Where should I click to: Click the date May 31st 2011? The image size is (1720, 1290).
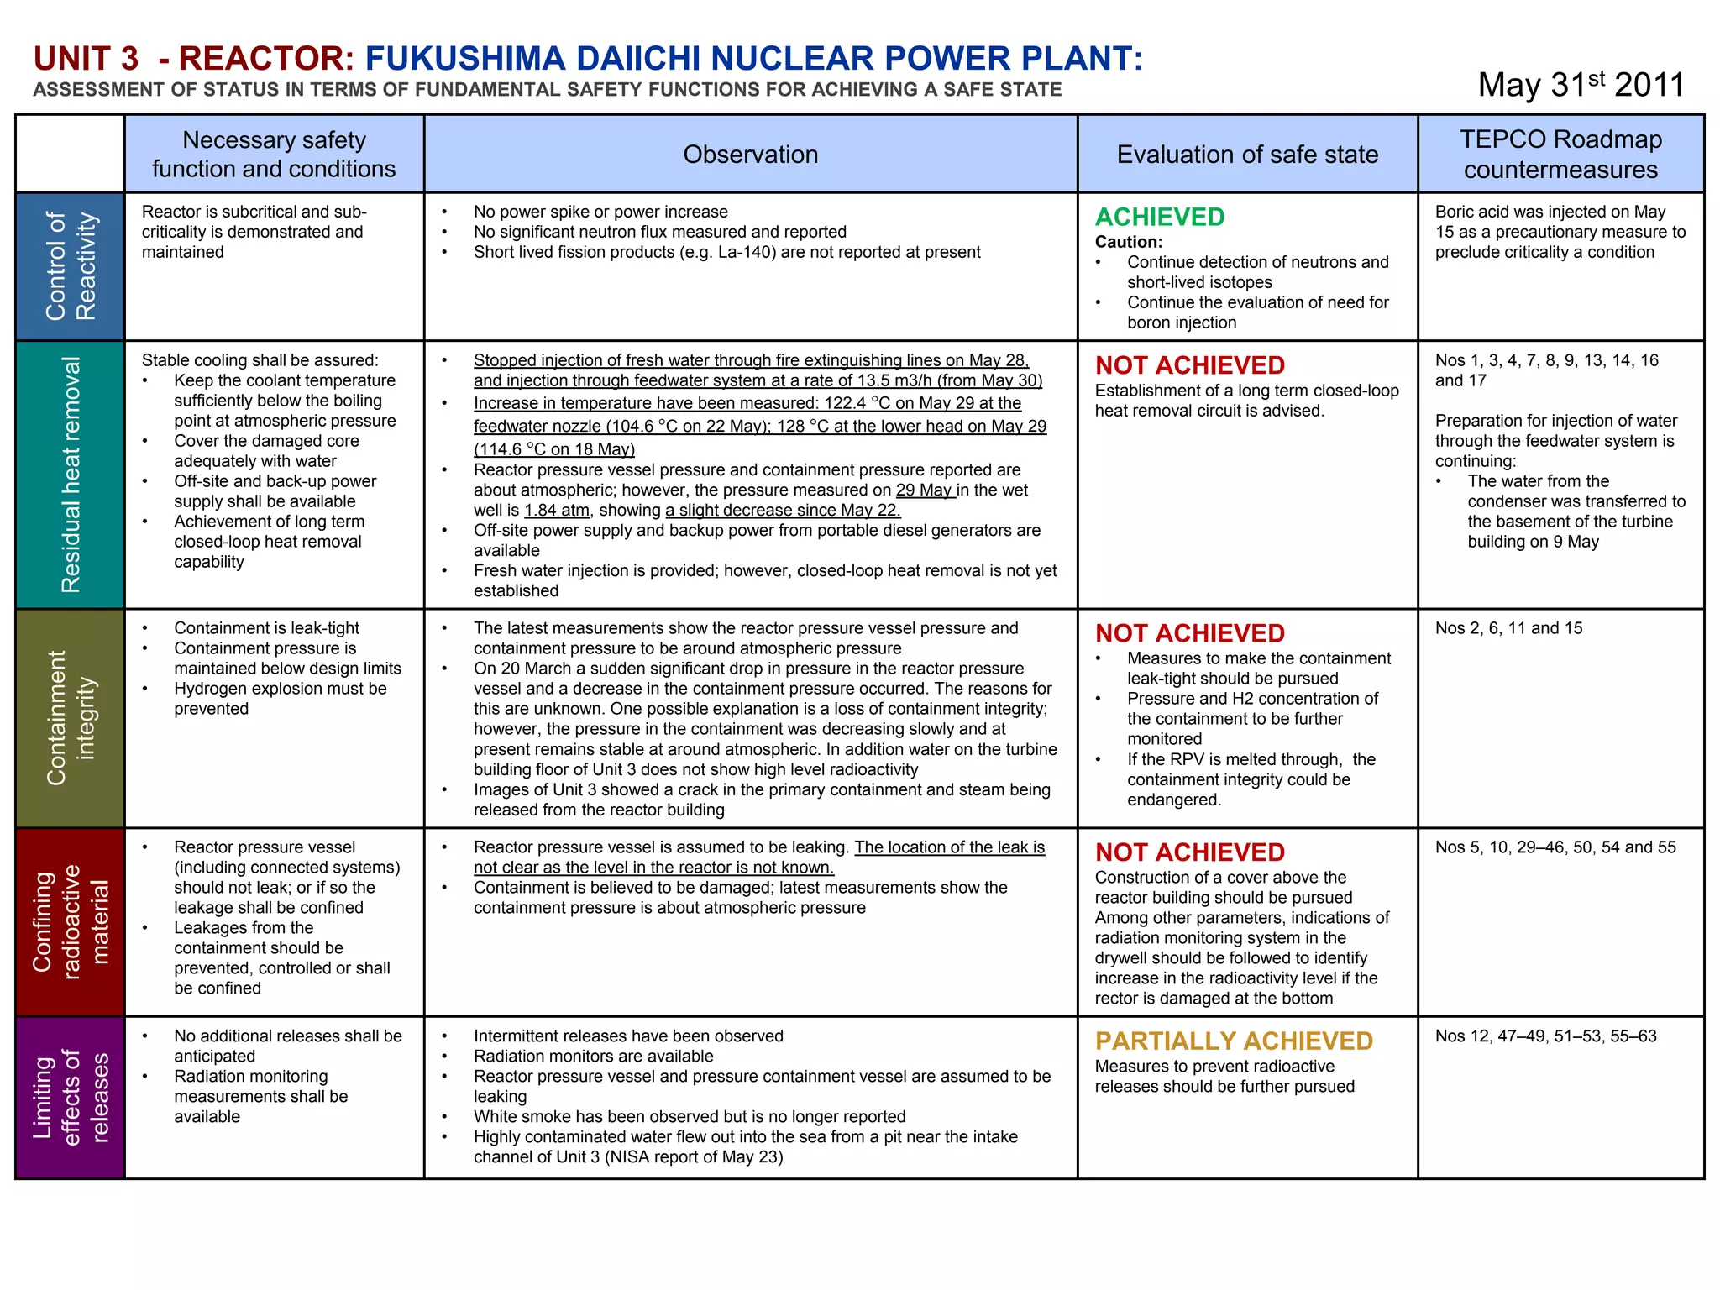pos(1581,85)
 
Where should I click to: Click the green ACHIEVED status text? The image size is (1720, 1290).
pos(1159,218)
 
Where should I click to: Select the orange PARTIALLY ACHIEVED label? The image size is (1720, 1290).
pos(1233,1041)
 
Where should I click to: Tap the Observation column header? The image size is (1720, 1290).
pos(750,155)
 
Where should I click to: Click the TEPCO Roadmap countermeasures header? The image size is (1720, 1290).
pos(1560,155)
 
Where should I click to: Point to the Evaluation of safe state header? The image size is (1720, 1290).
pos(1247,155)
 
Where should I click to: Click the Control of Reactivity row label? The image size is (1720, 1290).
pos(71,266)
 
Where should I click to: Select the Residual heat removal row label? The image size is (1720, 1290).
pos(71,475)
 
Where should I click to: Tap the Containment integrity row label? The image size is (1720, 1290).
pos(71,718)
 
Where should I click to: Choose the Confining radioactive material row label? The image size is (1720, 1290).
pos(71,922)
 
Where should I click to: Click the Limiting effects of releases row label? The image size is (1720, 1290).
pos(71,1097)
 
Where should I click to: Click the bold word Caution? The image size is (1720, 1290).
pos(1128,242)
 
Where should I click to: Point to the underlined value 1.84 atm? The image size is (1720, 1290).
pos(556,511)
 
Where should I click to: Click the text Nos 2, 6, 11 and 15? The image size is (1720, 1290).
pos(1508,628)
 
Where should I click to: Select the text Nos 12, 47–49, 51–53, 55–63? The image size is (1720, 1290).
pos(1545,1036)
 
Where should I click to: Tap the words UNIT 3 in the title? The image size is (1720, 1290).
pos(86,59)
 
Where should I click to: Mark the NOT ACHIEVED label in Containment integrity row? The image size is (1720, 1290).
pos(1189,633)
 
